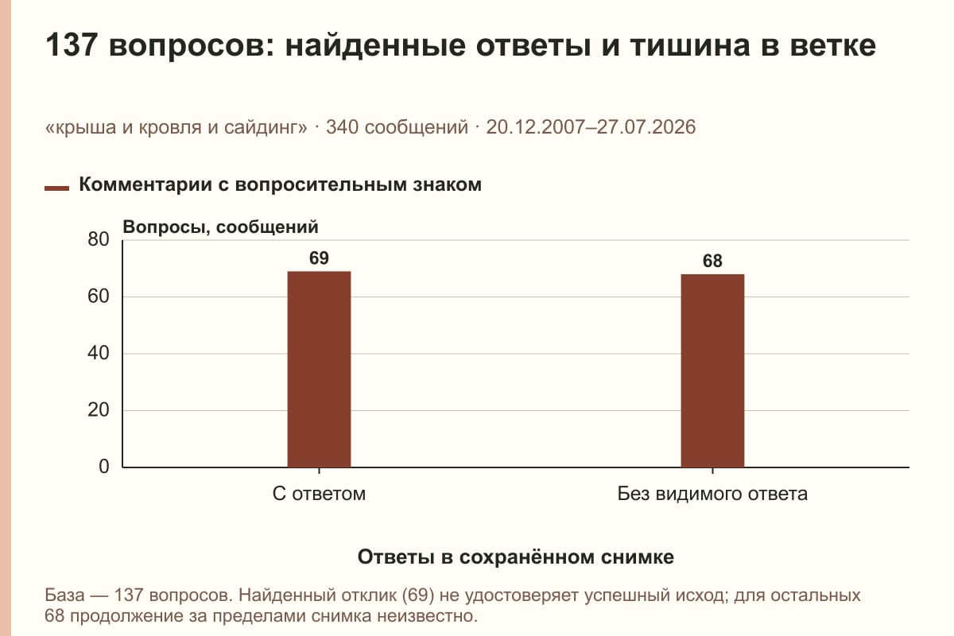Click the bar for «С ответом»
319,370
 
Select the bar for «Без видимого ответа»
712,370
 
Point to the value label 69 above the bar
319,258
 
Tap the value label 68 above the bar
712,261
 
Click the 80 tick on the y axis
99,239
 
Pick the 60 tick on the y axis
99,297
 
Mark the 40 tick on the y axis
99,353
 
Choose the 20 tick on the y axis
99,410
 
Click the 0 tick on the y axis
104,467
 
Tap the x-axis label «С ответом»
319,494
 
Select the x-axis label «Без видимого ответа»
712,494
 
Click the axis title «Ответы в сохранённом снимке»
516,557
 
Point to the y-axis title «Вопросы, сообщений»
221,227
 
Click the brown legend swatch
56,188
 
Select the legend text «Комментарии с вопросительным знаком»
280,185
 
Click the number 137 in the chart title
72,45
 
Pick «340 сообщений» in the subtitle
397,127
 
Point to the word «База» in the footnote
64,595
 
